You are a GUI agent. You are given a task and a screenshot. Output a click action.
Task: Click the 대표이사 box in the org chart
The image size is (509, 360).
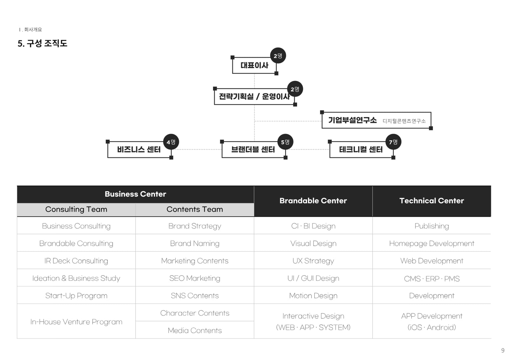[254, 65]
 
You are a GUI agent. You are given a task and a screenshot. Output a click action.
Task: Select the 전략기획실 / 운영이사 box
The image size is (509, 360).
[254, 96]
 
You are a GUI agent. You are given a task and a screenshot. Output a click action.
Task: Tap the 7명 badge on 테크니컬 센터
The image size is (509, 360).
[393, 142]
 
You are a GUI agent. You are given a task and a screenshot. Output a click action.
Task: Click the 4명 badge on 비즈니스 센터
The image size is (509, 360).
[171, 142]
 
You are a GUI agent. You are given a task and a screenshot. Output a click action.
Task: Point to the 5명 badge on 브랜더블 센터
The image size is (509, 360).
[285, 142]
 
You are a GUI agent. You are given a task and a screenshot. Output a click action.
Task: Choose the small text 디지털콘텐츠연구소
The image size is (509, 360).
[404, 121]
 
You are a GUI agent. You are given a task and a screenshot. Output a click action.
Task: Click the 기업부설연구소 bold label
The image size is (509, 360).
[352, 120]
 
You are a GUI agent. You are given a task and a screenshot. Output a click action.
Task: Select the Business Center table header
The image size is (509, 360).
[136, 194]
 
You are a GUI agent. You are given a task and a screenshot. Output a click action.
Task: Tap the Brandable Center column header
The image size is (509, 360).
[313, 201]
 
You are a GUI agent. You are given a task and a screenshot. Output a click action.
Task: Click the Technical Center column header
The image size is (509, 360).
[432, 201]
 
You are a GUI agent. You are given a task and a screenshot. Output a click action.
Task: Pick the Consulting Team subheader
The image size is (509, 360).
[76, 209]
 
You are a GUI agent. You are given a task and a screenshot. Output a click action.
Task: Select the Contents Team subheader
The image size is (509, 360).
[195, 209]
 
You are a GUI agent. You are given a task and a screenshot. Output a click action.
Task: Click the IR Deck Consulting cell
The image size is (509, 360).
[76, 261]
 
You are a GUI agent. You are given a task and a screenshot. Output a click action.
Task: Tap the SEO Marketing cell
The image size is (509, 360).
[195, 278]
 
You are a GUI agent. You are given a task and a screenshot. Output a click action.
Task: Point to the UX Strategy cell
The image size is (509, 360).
[313, 261]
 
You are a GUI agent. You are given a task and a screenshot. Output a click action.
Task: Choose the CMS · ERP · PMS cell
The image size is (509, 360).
[432, 279]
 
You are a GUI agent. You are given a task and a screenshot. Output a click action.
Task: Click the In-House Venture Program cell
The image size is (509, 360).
[76, 321]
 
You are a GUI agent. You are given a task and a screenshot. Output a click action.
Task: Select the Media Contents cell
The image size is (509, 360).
[195, 330]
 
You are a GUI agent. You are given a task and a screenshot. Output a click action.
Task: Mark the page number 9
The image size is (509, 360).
[503, 350]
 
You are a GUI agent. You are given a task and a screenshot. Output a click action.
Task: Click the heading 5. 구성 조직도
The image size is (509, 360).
[43, 43]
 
